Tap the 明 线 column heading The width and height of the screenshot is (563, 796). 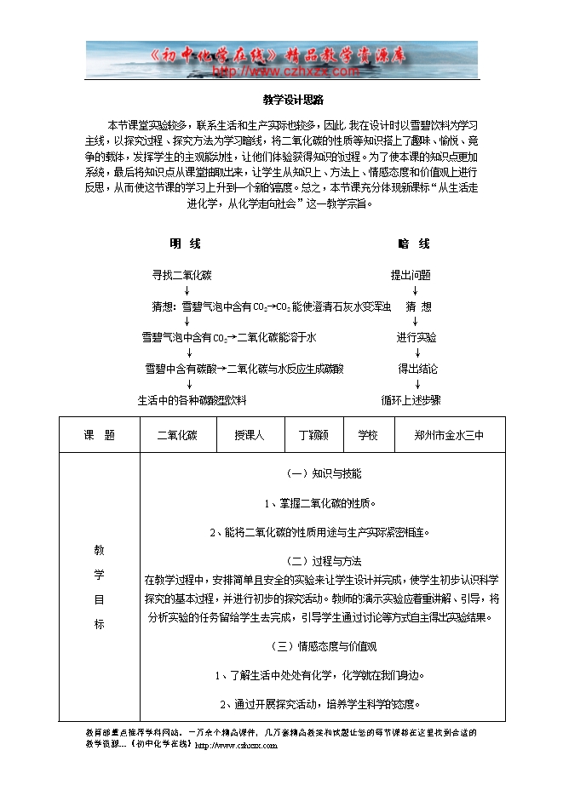[185, 243]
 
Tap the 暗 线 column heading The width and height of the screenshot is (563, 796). [414, 243]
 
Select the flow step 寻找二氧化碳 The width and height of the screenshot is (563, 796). [181, 275]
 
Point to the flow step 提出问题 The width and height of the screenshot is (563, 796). [411, 275]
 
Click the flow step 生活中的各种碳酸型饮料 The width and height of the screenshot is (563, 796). [192, 399]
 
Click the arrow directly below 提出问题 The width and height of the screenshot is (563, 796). [415, 290]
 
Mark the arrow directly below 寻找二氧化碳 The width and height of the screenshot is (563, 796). [187, 290]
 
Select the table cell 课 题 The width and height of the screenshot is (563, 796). [100, 434]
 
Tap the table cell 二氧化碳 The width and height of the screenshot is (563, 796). [177, 434]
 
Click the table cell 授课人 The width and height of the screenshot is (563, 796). [250, 434]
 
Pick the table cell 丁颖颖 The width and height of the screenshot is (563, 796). [313, 434]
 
